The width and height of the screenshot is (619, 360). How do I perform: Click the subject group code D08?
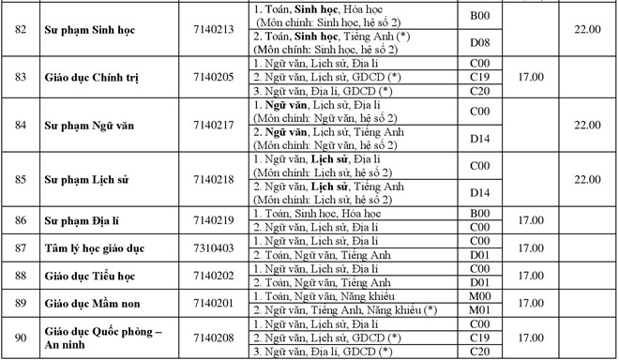479,41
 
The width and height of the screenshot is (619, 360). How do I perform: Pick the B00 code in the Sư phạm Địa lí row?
479,214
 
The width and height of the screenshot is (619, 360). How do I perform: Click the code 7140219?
216,220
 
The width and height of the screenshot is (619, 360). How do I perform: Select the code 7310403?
216,247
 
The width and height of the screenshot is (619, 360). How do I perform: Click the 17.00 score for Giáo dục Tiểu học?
531,276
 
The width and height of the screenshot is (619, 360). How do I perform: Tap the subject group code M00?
479,296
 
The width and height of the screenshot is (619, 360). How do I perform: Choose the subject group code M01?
479,309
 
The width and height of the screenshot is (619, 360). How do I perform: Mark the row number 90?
21,337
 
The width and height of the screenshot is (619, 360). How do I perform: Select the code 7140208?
216,337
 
